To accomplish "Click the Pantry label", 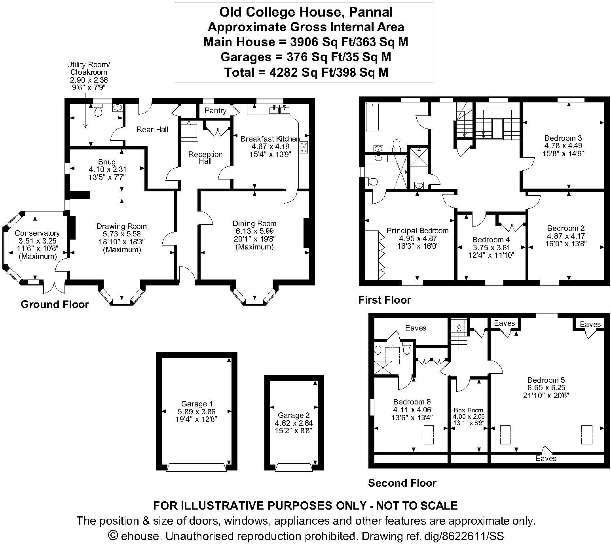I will pos(215,111).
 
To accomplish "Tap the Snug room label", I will pos(107,162).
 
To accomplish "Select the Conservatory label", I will pos(37,233).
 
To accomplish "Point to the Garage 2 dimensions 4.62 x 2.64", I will pos(294,423).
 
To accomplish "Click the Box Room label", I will pos(469,410).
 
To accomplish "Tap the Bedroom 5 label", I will pos(545,380).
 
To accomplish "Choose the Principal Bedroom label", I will pos(417,230).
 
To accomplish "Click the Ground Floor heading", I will pos(55,304).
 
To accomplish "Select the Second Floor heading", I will pos(402,483).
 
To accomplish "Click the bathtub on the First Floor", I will pos(372,117).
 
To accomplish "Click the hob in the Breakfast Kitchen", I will pos(304,147).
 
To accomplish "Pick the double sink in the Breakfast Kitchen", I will pos(280,110).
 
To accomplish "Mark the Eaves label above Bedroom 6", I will pos(416,328).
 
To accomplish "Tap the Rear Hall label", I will pos(152,129).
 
